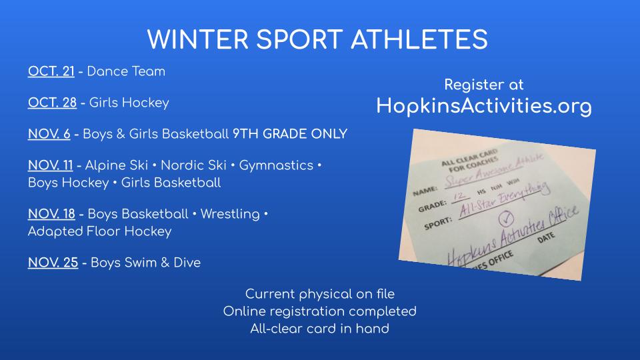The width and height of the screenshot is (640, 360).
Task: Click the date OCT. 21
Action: [x=51, y=71]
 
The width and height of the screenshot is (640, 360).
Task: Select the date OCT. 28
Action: [x=51, y=103]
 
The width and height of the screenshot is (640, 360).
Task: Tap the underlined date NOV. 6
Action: [x=49, y=133]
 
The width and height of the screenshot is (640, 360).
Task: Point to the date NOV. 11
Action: [x=50, y=165]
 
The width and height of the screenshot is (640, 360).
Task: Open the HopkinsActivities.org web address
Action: [x=484, y=105]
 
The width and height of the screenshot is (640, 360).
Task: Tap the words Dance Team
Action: [x=126, y=71]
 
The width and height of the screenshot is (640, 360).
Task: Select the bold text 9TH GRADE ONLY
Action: [x=289, y=133]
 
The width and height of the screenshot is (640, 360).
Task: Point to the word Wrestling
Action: [x=230, y=214]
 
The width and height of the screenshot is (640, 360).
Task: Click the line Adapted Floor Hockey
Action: [x=99, y=231]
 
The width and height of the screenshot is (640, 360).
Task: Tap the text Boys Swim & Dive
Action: [x=145, y=263]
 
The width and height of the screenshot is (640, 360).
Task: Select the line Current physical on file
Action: [x=319, y=293]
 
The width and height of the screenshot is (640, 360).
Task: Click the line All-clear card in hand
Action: [x=319, y=328]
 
